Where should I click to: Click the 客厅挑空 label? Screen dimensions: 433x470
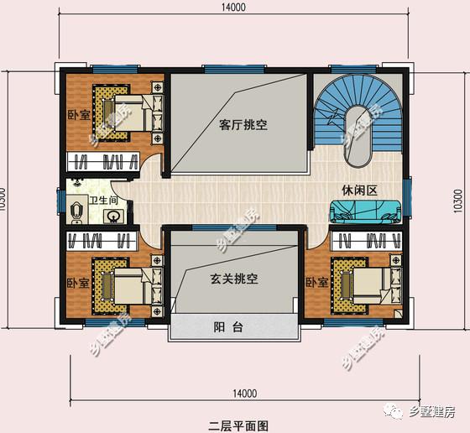click(x=243, y=125)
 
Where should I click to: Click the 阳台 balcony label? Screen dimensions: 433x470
click(x=228, y=327)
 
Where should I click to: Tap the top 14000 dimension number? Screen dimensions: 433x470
click(x=234, y=8)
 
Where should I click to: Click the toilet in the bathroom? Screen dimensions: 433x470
click(x=76, y=211)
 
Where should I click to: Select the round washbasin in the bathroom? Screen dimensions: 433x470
click(x=112, y=216)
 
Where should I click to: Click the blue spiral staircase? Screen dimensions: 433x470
click(x=361, y=117)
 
